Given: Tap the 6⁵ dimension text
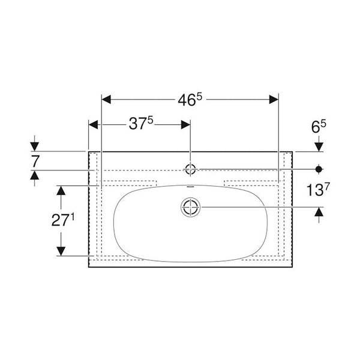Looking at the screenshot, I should tap(319, 125).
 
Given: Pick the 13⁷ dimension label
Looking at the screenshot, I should tap(319, 190).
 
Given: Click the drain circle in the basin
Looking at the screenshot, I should tap(190, 208).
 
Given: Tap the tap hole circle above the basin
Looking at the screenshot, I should tap(190, 169).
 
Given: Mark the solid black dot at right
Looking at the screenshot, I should tap(319, 168).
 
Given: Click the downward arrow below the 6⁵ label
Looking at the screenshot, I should tap(319, 146).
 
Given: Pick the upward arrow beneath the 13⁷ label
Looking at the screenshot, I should tap(319, 214).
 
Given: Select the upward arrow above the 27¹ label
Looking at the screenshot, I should tap(60, 191).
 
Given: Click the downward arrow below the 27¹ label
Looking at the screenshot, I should tap(60, 250).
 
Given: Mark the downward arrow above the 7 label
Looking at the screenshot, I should tap(34, 145).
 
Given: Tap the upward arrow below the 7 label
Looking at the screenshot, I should tap(34, 175).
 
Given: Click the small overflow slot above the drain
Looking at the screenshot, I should tap(190, 188).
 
